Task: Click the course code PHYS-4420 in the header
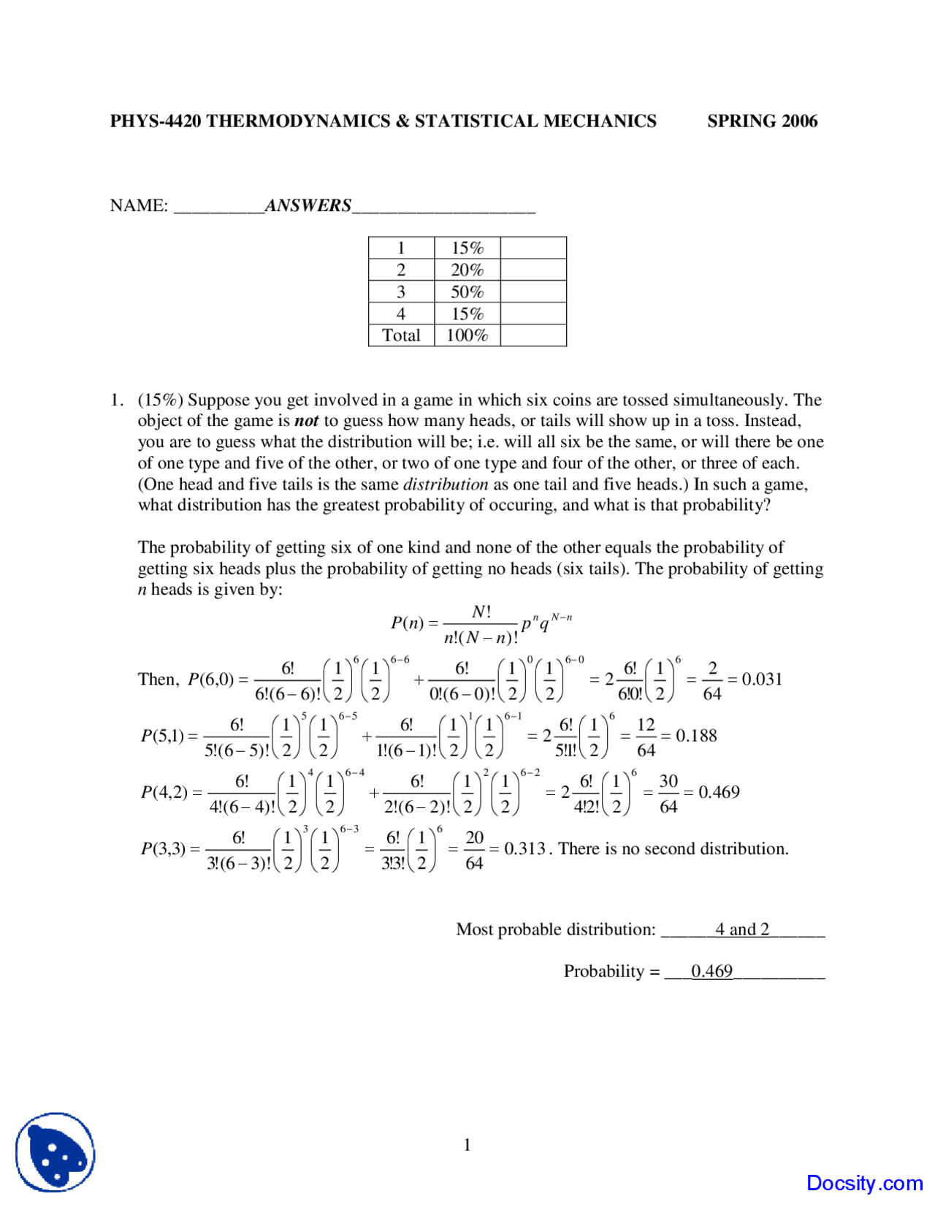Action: click(155, 121)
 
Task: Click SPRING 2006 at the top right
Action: click(762, 121)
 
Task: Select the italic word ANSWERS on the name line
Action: click(308, 205)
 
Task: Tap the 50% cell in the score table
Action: click(467, 292)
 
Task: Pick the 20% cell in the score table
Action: click(467, 270)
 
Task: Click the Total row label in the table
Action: click(401, 335)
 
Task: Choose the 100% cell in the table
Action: click(467, 335)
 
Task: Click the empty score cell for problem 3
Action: click(533, 292)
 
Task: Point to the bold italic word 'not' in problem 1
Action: click(306, 421)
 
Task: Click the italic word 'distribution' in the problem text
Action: click(446, 484)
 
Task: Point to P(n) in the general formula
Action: click(408, 623)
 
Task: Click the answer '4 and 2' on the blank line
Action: click(741, 929)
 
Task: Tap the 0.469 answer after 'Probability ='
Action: click(711, 971)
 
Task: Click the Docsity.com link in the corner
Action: click(864, 1183)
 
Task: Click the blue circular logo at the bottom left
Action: click(56, 1152)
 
